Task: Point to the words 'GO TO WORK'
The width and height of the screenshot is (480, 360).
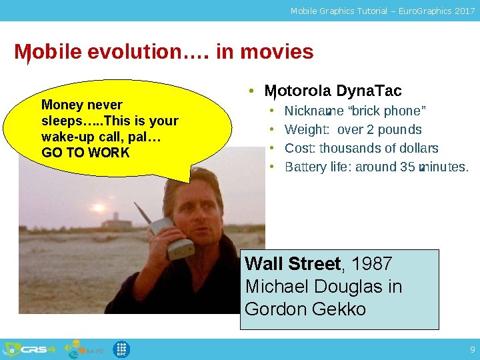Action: pos(85,153)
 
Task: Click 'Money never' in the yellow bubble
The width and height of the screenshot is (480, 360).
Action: pos(81,105)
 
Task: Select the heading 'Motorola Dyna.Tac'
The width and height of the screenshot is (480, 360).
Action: pos(333,91)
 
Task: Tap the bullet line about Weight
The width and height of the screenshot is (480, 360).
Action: pos(353,129)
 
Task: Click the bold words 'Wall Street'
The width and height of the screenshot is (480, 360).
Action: pos(293,264)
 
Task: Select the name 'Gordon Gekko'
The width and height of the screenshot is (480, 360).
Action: pos(305,309)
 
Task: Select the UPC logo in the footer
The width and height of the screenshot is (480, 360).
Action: pos(121,349)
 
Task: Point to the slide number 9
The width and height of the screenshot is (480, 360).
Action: pos(472,349)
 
